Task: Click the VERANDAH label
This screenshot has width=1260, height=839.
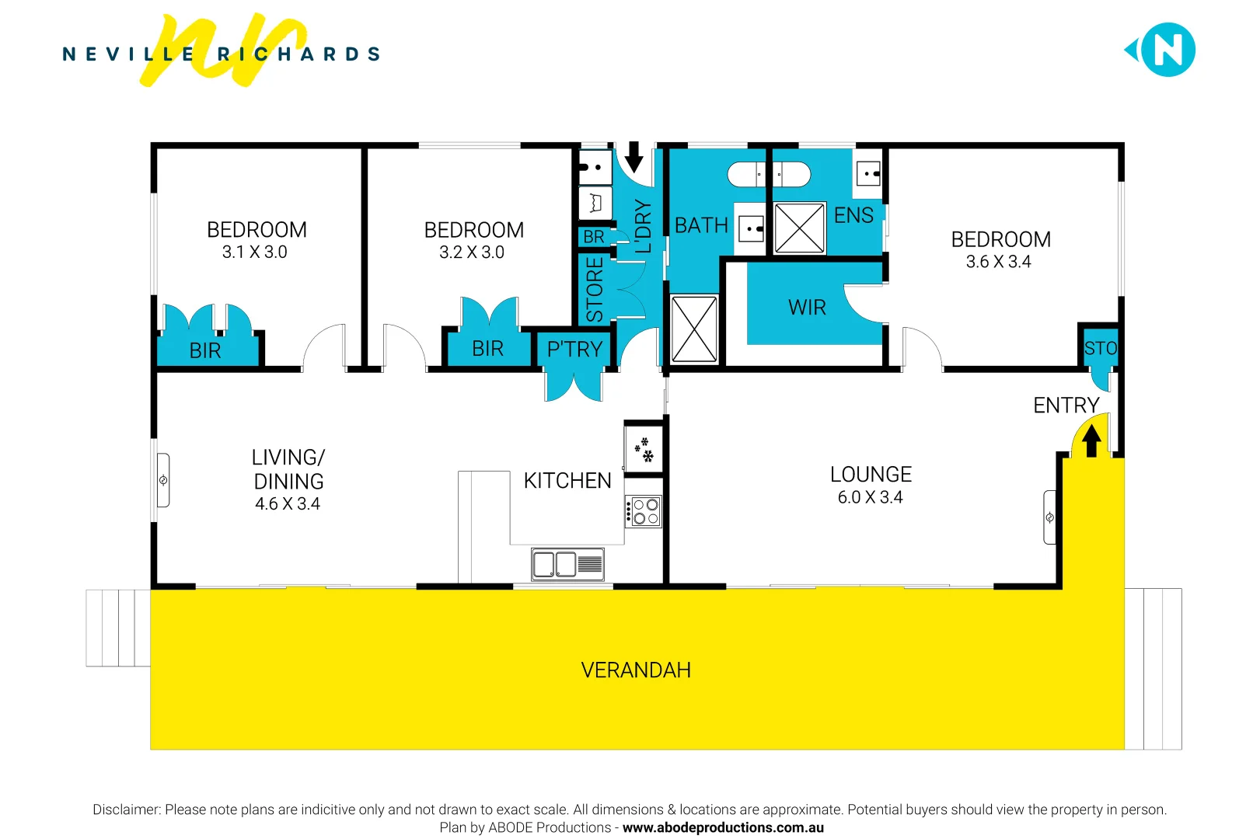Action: [x=636, y=670]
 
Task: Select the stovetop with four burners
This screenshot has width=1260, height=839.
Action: [x=644, y=512]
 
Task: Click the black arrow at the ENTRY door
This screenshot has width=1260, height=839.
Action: [x=1091, y=441]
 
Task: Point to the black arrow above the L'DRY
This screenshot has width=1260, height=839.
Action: [x=634, y=156]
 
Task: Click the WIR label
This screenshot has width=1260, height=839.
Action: [x=807, y=308]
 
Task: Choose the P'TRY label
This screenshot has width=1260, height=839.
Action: [x=574, y=350]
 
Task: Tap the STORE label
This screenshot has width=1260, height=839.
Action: [x=595, y=290]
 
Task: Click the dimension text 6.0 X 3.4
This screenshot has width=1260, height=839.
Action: [x=870, y=497]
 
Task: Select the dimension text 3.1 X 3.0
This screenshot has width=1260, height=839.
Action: [x=254, y=252]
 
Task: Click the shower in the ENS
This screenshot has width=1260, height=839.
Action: [x=799, y=228]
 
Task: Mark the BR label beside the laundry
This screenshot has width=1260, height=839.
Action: [x=594, y=237]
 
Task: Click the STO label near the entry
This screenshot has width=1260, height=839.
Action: [x=1100, y=349]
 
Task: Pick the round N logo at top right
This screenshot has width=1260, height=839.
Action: [x=1168, y=50]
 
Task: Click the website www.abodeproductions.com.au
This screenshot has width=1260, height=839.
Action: [x=723, y=827]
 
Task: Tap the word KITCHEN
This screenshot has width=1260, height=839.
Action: [x=567, y=481]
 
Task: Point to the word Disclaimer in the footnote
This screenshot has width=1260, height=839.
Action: [x=126, y=809]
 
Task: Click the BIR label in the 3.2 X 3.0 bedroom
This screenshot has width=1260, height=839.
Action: [x=487, y=349]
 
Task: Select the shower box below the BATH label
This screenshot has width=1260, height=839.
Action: [x=693, y=329]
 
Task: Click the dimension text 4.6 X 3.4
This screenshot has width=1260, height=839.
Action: [x=288, y=504]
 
